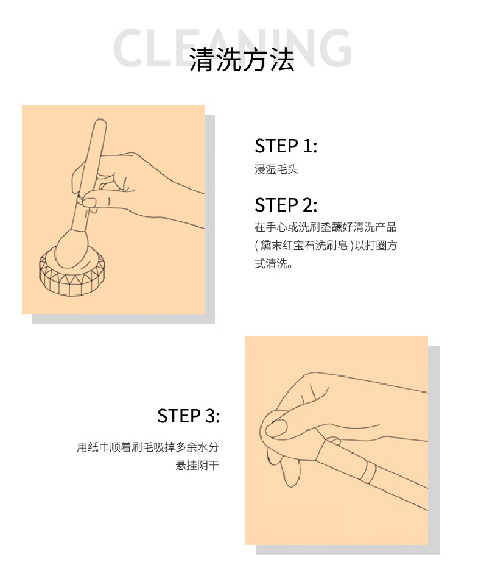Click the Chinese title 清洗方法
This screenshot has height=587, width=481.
click(242, 60)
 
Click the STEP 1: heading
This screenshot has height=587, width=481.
click(286, 146)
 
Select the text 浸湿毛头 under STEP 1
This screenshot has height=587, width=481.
click(276, 169)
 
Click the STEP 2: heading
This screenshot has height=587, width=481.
click(286, 205)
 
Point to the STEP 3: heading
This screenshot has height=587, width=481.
click(188, 416)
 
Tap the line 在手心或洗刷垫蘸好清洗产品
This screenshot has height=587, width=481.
click(325, 227)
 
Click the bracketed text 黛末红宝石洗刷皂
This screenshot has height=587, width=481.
click(304, 245)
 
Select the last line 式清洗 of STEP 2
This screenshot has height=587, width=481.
click(273, 263)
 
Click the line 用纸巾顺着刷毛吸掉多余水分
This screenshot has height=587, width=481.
click(148, 447)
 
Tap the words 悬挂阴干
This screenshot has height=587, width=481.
click(197, 465)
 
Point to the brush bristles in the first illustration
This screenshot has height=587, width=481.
click(71, 249)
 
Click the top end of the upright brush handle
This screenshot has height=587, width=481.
click(100, 121)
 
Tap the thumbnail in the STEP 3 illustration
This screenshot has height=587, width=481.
click(278, 428)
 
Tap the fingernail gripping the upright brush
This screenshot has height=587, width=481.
click(89, 202)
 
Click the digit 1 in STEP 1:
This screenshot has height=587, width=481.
click(307, 146)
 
